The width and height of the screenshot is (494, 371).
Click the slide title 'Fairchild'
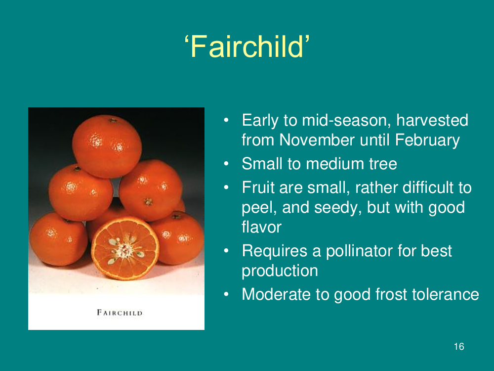point(247,46)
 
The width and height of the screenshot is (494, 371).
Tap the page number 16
point(459,346)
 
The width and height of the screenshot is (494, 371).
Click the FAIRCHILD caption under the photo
point(120,313)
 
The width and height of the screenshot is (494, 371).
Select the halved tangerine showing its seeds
point(125,248)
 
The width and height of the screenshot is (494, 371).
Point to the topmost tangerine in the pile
point(107,146)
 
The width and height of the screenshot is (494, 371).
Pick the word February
point(427,140)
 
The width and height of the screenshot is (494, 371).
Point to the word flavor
point(261,227)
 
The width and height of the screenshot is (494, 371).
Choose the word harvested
point(432,120)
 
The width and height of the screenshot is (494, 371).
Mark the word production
point(280,271)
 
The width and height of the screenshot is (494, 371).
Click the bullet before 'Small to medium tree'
point(226,164)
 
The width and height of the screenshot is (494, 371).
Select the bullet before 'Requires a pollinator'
point(226,251)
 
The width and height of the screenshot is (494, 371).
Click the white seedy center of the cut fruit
point(125,250)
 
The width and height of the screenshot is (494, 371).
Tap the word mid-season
point(347,120)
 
